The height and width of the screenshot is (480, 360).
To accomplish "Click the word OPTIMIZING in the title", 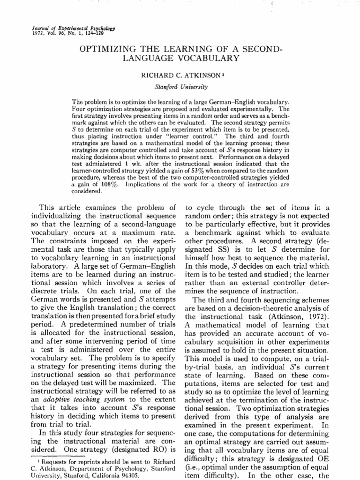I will point(106,48).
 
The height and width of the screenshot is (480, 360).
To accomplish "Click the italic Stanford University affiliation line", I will point(180,86).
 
